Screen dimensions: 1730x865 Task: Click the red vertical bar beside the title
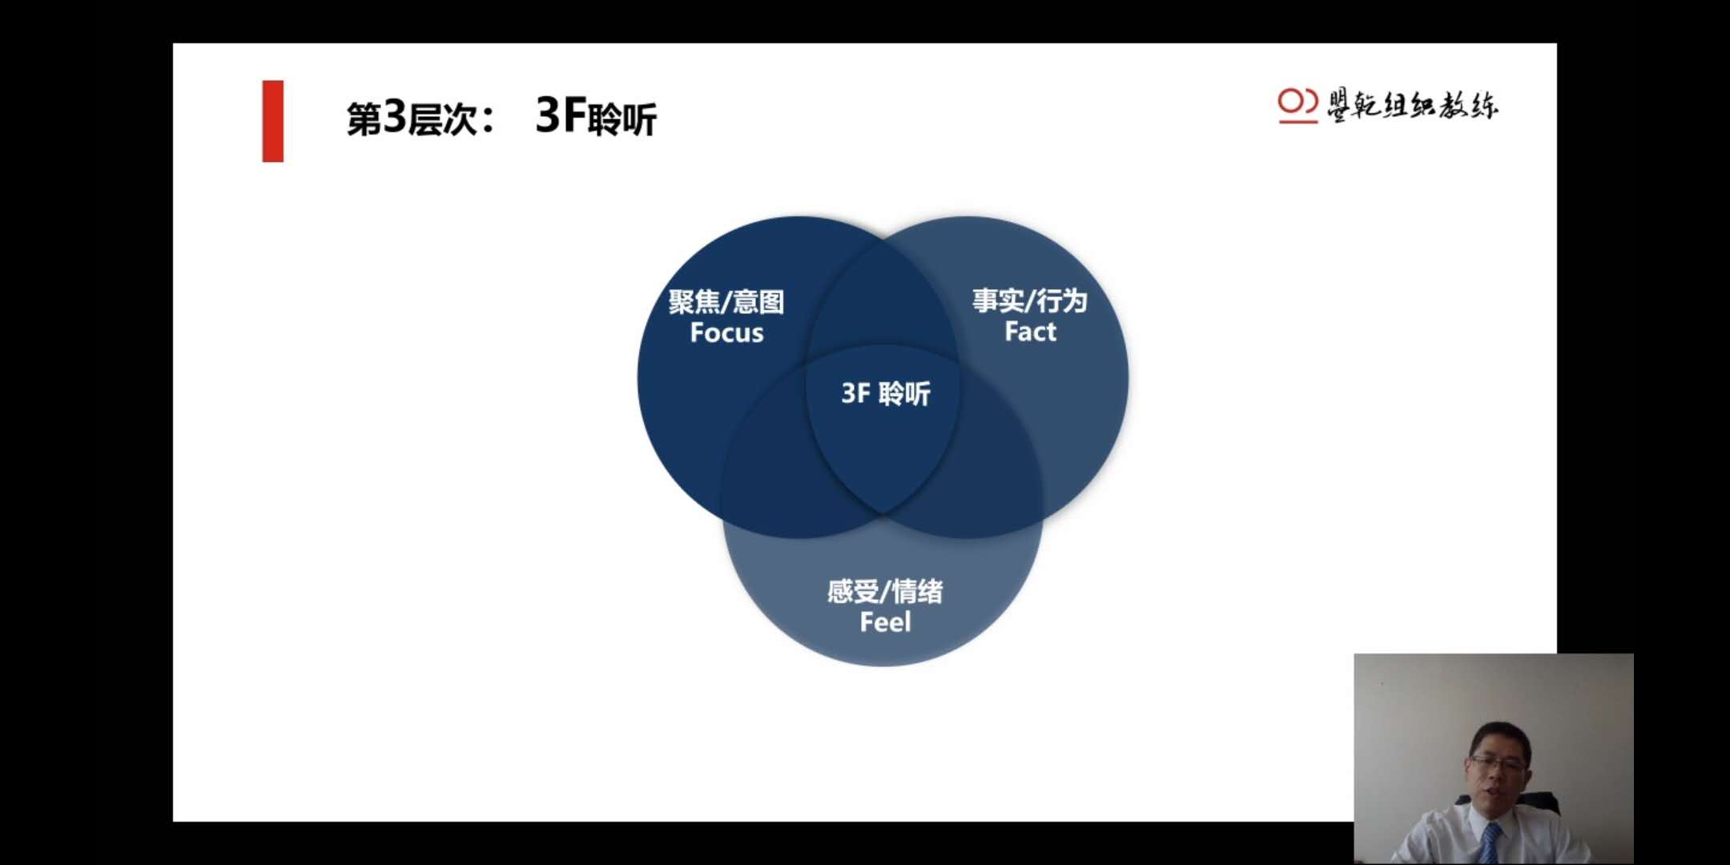tap(273, 121)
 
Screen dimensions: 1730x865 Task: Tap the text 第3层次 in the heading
tap(412, 119)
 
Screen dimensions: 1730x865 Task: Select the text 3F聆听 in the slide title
tap(596, 117)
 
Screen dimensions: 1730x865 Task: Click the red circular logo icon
tap(1297, 105)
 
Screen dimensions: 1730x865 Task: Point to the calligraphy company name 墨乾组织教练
tap(1413, 105)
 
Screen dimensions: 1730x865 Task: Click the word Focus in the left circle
tap(726, 332)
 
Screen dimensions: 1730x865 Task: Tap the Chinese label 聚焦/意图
tap(726, 301)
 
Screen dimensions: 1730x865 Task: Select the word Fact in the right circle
tap(1030, 331)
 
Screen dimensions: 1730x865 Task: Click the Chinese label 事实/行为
tap(1030, 300)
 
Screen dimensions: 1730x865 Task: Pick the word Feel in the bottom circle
tap(885, 622)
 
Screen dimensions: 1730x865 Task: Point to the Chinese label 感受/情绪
tap(885, 591)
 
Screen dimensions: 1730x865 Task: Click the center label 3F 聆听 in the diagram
tap(886, 393)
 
